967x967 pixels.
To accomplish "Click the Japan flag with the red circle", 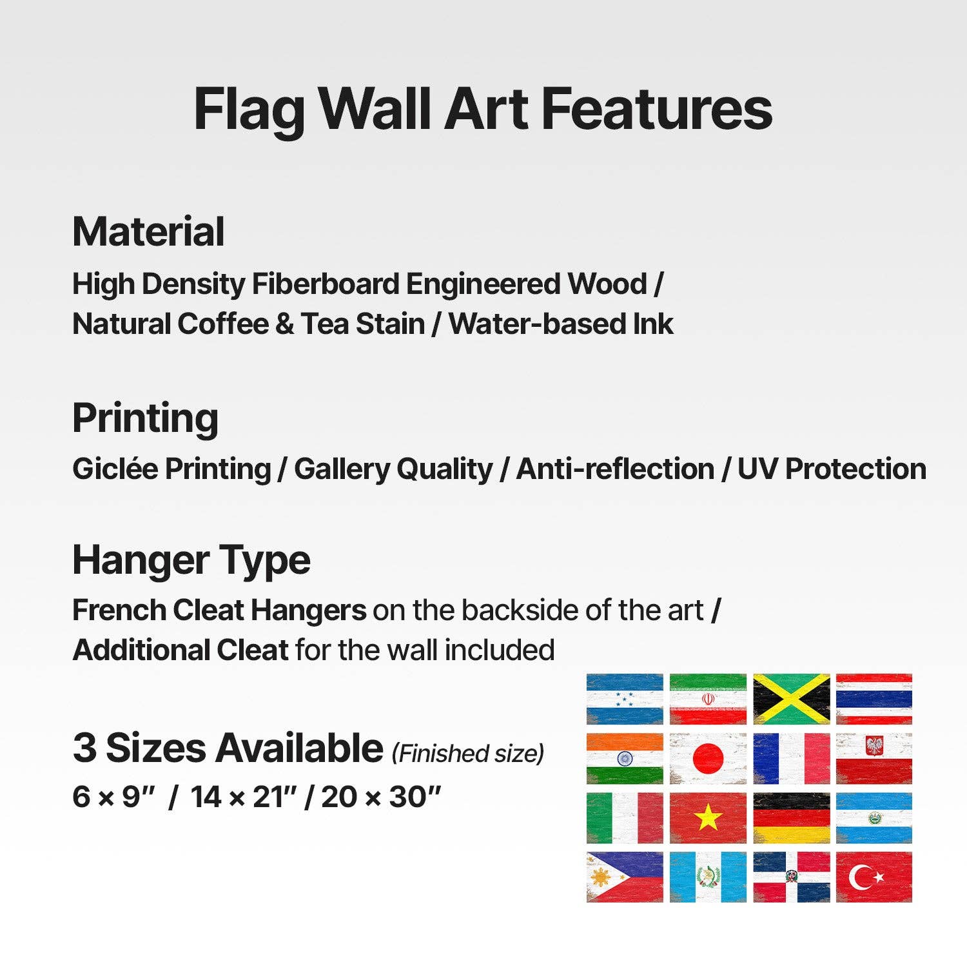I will (x=708, y=758).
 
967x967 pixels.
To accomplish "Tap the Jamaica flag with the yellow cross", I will (x=791, y=699).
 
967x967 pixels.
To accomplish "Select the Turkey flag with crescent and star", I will (x=874, y=877).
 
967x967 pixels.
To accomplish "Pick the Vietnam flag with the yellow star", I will (x=708, y=817).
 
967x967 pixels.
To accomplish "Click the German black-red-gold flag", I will (x=791, y=817).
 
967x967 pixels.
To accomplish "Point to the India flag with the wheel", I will (x=625, y=758).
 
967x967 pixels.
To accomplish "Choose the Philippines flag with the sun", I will (x=625, y=877).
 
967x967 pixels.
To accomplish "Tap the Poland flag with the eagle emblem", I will (x=874, y=758).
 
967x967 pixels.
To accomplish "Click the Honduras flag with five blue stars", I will (x=625, y=699).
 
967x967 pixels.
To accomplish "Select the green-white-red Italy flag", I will (x=625, y=817).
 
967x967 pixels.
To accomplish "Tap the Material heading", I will (x=148, y=231).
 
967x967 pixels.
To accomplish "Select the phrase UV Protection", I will (x=832, y=469).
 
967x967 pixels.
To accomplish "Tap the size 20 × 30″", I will (x=381, y=797).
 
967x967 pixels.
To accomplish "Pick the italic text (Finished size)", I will (x=468, y=753).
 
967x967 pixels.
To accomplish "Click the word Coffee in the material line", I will (x=223, y=324).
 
